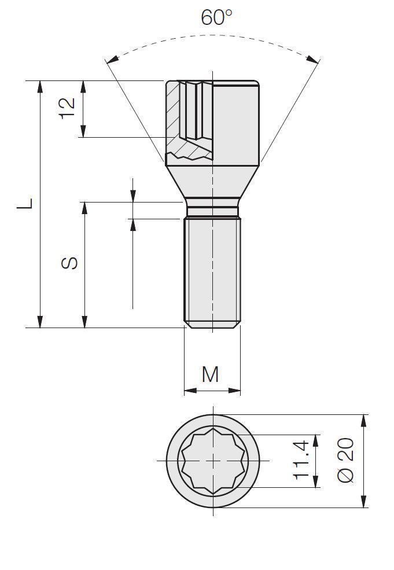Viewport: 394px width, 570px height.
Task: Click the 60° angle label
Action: [x=216, y=17]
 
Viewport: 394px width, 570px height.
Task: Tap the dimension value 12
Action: [x=67, y=108]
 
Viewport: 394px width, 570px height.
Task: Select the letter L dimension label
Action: [x=25, y=204]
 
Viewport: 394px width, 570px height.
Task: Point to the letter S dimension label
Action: [x=69, y=263]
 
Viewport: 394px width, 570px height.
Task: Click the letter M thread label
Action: [x=211, y=374]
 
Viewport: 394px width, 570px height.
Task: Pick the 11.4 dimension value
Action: [x=301, y=460]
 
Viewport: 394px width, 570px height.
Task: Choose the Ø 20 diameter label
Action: [x=345, y=460]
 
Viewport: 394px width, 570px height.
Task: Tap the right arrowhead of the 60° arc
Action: [x=312, y=59]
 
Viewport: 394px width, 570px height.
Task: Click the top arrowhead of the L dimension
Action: [x=40, y=87]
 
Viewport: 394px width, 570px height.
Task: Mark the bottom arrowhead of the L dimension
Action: [x=40, y=321]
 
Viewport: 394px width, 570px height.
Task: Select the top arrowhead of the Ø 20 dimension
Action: [x=363, y=421]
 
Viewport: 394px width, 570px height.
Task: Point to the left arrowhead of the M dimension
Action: [x=190, y=391]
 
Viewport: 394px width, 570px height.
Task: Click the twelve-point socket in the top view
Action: [x=213, y=461]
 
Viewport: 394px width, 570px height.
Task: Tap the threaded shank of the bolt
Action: [x=213, y=271]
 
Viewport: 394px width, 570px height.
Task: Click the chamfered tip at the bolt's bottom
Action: [x=213, y=324]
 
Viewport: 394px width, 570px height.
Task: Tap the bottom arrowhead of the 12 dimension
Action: [x=83, y=131]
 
